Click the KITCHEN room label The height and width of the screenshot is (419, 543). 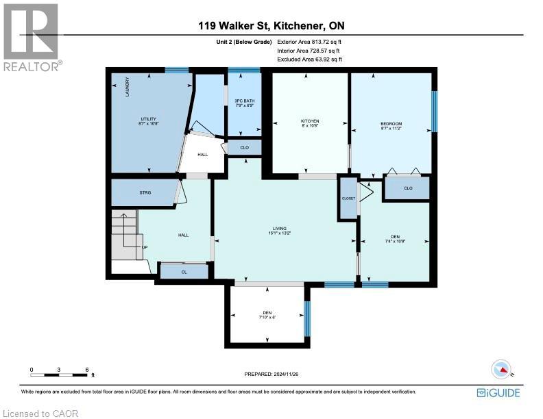(310, 121)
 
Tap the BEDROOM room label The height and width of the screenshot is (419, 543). (391, 124)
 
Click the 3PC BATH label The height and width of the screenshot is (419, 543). (245, 102)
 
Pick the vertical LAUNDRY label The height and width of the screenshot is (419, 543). (127, 87)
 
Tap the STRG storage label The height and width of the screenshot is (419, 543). (144, 193)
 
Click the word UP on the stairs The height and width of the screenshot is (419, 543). (145, 247)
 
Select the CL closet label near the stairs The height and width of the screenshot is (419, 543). (184, 272)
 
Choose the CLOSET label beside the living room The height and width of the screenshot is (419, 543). (348, 199)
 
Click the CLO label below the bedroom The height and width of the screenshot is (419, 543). (407, 188)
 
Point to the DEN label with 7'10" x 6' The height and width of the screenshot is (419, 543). (267, 314)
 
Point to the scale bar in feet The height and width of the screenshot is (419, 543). (59, 374)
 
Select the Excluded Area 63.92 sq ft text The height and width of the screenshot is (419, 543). (309, 60)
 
